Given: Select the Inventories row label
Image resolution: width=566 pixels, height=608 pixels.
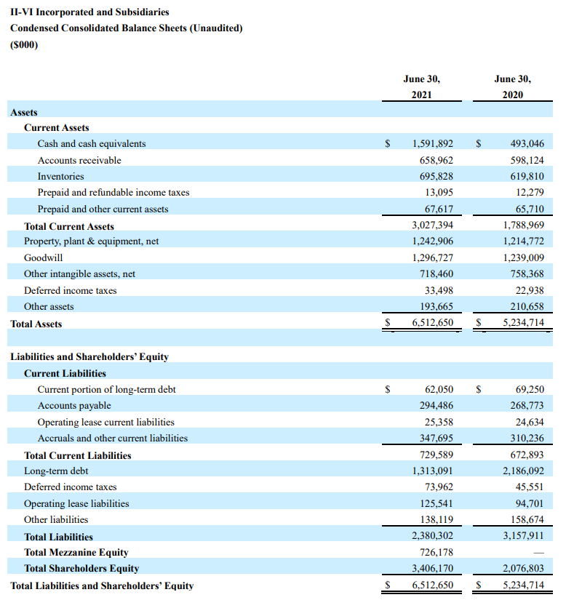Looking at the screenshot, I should [x=60, y=176].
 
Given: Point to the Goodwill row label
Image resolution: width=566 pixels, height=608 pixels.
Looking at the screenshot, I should [x=43, y=257].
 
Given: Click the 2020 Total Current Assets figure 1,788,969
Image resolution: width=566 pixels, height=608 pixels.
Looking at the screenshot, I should [x=523, y=225].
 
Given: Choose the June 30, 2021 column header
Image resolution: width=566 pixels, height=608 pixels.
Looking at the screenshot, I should [x=421, y=87].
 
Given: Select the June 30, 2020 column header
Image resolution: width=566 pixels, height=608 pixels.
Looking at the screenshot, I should [x=512, y=87].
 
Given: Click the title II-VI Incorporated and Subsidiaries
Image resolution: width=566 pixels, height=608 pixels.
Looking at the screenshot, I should [x=89, y=12].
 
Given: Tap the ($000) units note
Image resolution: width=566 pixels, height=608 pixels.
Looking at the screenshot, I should [x=24, y=44].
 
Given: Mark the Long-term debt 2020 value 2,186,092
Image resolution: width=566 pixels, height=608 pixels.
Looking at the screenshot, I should [x=523, y=471].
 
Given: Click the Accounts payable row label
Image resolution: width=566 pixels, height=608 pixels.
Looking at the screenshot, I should [x=74, y=405].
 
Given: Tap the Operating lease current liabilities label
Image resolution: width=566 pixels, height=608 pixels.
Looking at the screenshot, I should [x=106, y=422].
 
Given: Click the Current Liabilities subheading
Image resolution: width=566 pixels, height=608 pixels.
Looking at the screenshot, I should [x=65, y=373].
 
